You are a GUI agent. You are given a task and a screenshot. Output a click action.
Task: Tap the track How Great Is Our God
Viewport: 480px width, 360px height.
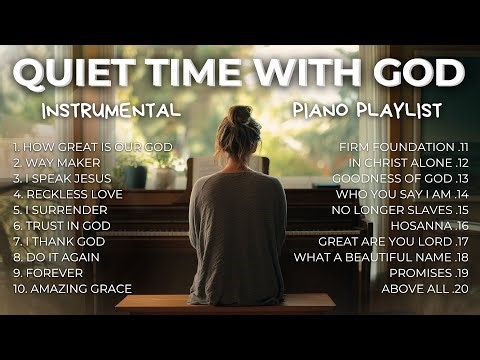click(x=92, y=146)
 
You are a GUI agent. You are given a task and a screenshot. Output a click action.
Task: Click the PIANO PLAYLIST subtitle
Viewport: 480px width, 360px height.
click(x=374, y=109)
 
